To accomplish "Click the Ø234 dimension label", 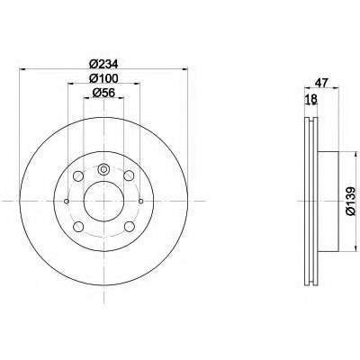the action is point(104,64).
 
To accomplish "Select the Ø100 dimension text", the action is point(104,78).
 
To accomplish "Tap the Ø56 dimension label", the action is point(103,93).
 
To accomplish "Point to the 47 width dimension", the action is point(321,82).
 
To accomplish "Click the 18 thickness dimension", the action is point(310,99).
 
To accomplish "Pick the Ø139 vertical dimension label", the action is point(351,201).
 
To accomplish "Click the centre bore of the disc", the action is point(103,201).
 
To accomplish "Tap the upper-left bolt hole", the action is point(78,175).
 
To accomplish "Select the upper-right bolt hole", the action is point(129,175).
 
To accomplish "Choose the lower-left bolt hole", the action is point(78,226).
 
